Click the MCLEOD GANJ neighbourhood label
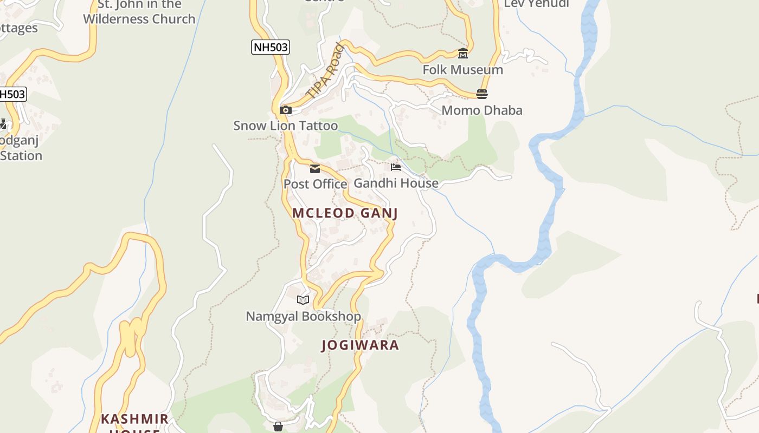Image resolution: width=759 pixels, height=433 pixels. point(345,213)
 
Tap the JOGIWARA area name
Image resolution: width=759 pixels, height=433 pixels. point(360,345)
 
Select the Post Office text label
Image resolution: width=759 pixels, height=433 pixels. point(315,184)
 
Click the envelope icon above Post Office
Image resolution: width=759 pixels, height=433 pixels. point(315,169)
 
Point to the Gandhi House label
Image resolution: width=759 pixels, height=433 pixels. point(396,183)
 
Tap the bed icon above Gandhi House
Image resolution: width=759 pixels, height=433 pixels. point(396,167)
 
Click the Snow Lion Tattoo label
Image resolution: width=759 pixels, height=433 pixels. point(285,126)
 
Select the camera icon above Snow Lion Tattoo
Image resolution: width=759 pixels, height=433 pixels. point(285,110)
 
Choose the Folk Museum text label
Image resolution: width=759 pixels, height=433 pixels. point(462,70)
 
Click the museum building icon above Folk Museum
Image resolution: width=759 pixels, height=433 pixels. point(463,54)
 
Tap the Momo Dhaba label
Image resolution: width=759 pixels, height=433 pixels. point(482,110)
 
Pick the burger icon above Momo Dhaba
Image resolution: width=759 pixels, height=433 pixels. point(482,94)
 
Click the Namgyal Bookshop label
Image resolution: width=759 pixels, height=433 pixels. point(303,316)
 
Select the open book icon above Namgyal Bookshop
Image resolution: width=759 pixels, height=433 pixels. point(303,300)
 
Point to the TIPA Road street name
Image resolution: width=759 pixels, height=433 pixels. point(325,71)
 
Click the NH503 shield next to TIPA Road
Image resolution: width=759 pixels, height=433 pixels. point(271,47)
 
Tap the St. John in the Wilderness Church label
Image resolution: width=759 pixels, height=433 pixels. point(139,12)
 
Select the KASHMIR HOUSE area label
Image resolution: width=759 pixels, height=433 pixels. point(135,423)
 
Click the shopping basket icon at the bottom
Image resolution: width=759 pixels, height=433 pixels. point(278,427)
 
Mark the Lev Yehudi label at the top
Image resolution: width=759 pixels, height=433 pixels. point(536,4)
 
